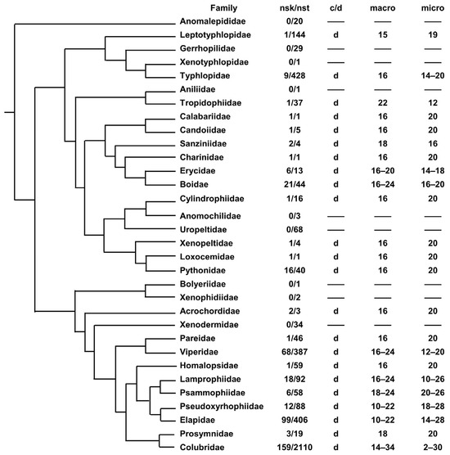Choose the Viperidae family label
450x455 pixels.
pyautogui.click(x=201, y=349)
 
